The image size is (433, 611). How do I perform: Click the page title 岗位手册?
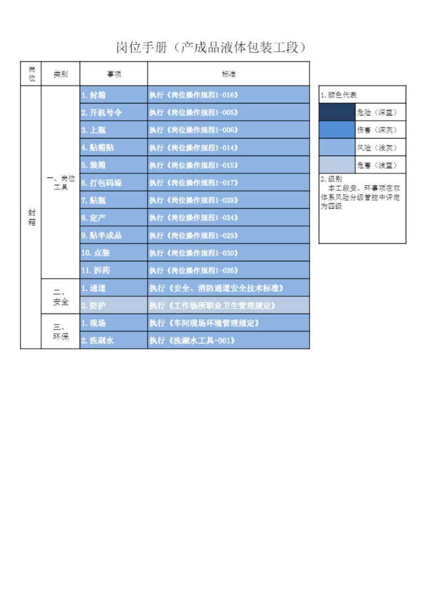[141, 48]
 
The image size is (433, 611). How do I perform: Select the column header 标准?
[228, 74]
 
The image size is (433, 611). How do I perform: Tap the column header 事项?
[114, 74]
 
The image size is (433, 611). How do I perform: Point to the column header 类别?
[61, 74]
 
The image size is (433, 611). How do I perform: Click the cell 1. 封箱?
[114, 95]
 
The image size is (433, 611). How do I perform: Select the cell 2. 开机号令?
[114, 112]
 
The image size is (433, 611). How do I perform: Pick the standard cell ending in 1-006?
[228, 130]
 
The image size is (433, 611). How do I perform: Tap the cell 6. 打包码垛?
[114, 182]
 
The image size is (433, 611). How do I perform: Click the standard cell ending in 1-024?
[228, 218]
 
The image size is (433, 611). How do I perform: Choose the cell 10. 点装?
[114, 253]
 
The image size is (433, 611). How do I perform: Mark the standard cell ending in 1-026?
[228, 270]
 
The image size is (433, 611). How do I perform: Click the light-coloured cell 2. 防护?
[114, 306]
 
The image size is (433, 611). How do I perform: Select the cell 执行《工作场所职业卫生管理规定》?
[228, 306]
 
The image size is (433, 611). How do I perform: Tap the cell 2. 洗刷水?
[114, 341]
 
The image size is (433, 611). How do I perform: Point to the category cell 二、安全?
[61, 297]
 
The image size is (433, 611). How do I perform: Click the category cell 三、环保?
[61, 331]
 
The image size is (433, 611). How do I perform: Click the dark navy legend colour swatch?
[337, 112]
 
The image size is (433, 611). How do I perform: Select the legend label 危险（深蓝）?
[377, 112]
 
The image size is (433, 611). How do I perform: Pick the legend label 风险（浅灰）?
[377, 147]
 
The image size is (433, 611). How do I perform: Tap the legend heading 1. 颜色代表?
[339, 95]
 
